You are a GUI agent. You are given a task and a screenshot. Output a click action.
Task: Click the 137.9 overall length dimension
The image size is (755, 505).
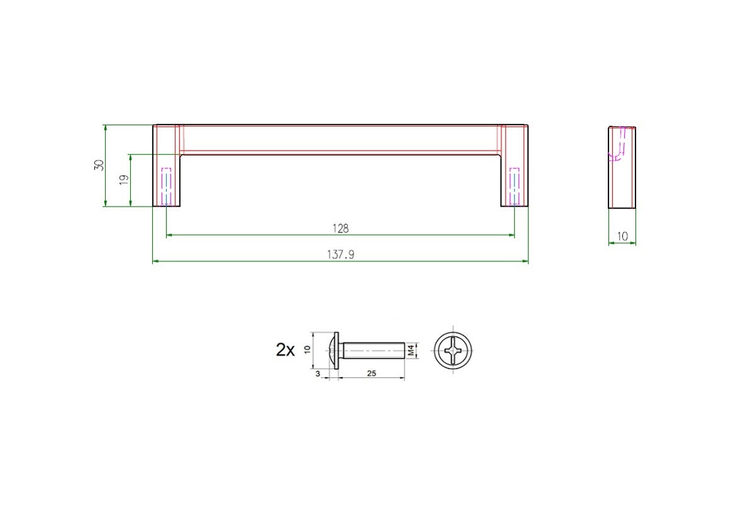pos(340,254)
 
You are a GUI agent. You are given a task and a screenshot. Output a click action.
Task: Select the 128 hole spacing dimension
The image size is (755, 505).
pos(340,229)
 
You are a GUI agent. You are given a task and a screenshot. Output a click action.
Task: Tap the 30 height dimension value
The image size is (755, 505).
pos(99,165)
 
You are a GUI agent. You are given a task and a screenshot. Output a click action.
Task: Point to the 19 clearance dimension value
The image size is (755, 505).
pos(124,179)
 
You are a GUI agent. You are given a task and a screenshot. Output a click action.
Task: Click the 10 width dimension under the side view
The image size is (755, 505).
pos(622,236)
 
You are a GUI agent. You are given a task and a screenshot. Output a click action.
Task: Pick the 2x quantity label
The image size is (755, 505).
pos(285,350)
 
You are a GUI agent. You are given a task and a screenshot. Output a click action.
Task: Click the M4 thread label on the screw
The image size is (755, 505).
pos(410,350)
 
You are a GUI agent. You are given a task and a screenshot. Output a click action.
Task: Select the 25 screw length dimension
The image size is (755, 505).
pos(371,373)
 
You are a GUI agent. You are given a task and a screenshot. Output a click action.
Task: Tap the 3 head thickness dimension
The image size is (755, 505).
pos(318,374)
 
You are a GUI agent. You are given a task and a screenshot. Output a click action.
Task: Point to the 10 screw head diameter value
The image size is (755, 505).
pos(307,349)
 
